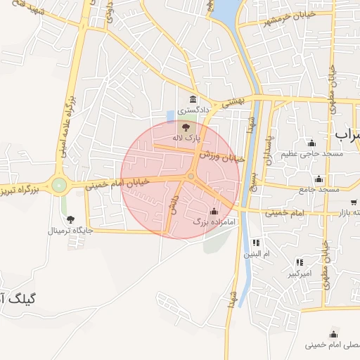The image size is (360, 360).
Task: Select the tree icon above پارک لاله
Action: (x=186, y=127)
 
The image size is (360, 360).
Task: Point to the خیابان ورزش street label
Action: (x=221, y=156)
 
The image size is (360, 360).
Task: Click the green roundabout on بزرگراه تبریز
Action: (x=59, y=186)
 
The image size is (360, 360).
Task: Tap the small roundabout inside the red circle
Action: (x=191, y=176)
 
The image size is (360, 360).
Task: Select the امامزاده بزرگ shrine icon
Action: (x=214, y=212)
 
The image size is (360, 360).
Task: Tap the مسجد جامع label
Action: (x=319, y=189)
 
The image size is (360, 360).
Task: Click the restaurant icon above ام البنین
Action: (x=255, y=243)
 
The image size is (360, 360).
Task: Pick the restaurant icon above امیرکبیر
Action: (x=300, y=262)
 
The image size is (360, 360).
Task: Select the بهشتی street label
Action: (x=233, y=101)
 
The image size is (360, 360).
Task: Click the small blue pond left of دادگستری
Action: (x=170, y=115)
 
